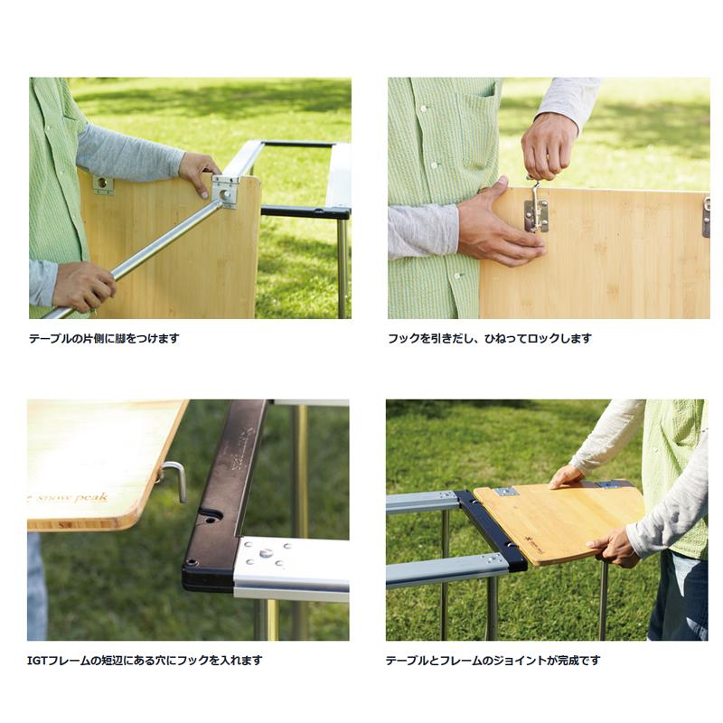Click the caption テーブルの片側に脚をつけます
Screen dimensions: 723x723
104,338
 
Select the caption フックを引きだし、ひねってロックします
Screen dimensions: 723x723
490,338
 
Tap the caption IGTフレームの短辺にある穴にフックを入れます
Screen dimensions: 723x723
145,661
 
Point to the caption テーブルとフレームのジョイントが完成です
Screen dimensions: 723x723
493,661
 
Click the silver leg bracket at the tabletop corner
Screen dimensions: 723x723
225,192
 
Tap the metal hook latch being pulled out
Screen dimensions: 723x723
536,205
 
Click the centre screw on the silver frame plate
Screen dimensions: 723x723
264,553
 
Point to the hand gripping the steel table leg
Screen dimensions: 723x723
83,286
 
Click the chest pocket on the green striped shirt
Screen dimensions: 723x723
476,125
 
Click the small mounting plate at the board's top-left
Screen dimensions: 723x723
103,184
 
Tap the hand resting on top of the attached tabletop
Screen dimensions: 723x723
567,476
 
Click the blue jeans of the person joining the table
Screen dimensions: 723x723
678,597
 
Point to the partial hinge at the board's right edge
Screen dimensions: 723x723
706,217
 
